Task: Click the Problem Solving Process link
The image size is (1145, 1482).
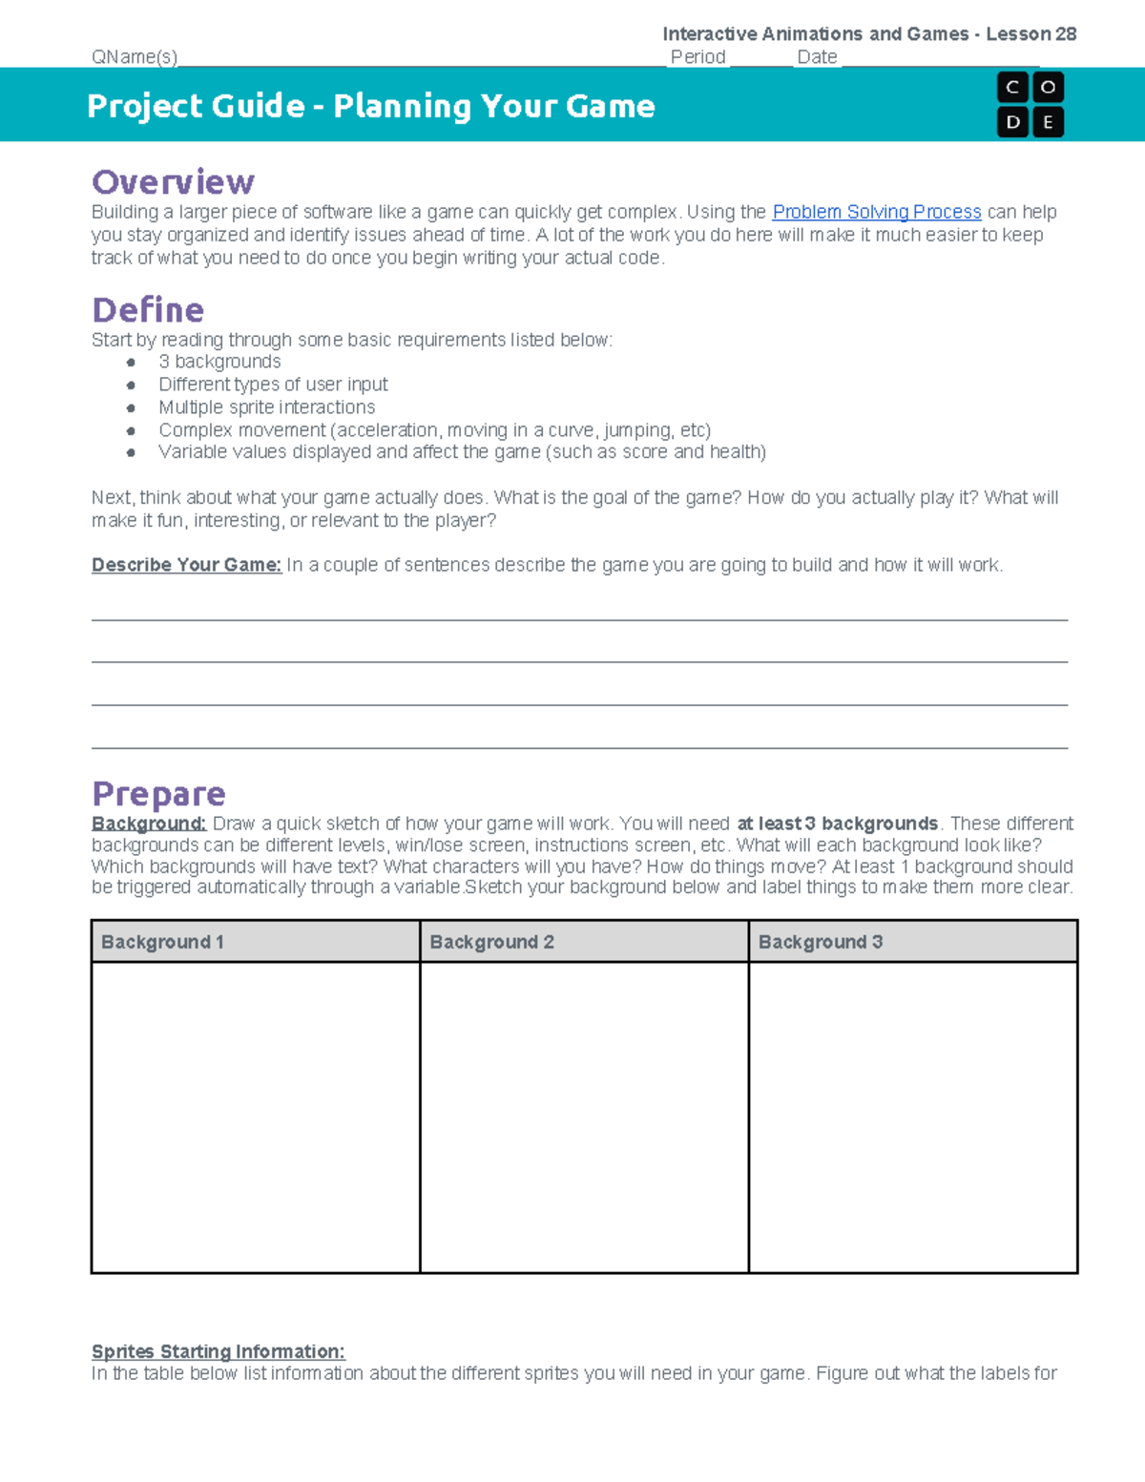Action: point(876,212)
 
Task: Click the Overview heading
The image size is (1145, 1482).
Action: point(173,181)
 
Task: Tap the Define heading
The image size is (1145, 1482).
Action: point(148,310)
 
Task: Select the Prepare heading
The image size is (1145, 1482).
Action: point(158,793)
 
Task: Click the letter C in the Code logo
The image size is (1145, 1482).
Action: point(1012,88)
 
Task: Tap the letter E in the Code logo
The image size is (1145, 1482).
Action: point(1048,122)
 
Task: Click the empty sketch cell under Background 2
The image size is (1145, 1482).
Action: point(584,1117)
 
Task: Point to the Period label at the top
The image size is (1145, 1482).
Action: point(697,57)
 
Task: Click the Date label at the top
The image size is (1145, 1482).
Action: point(817,57)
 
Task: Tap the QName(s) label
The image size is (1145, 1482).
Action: point(135,57)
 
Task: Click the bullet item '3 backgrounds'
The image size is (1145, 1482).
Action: point(219,362)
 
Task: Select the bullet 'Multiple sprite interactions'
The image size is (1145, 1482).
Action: point(266,407)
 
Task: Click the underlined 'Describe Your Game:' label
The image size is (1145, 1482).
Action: point(186,565)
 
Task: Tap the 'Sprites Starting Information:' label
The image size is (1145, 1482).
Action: point(218,1351)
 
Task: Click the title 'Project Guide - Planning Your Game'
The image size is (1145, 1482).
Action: point(370,106)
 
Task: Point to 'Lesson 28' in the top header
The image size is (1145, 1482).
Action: point(1030,34)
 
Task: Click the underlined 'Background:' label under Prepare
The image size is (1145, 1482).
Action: point(149,824)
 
